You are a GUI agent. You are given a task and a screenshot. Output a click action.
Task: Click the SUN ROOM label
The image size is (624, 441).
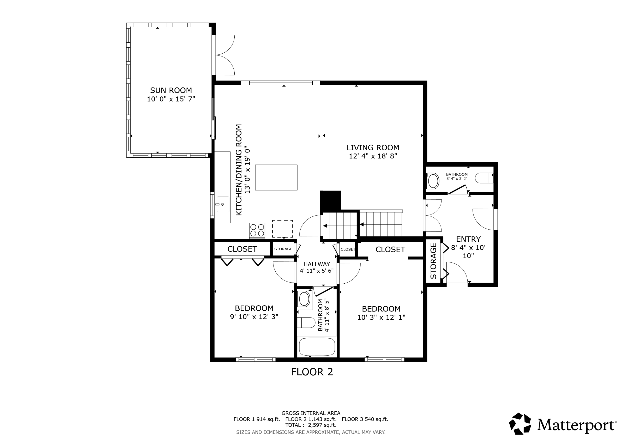pos(171,90)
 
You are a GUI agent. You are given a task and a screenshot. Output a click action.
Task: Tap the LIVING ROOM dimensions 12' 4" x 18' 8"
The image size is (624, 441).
pos(373,156)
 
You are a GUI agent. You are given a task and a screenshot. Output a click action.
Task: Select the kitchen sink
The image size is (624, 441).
pos(223,204)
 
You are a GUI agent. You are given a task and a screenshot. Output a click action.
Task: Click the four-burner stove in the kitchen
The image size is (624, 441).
pos(257,230)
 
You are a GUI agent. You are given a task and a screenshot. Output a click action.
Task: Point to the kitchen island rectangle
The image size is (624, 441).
pos(276,177)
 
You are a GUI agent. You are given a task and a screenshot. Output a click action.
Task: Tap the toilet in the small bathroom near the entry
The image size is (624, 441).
pos(484,178)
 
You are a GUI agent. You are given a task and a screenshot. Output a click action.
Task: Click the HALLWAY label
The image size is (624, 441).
pos(317,264)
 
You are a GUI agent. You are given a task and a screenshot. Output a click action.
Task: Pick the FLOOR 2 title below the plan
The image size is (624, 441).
pos(312,372)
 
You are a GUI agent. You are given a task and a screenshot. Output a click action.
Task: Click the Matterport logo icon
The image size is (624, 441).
pos(520,424)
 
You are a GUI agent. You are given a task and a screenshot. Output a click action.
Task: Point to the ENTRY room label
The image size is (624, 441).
pos(468,239)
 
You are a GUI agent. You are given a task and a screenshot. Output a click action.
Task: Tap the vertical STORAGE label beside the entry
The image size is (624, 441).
pos(433,261)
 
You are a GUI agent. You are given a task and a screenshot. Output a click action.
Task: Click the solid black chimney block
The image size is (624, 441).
pos(331,200)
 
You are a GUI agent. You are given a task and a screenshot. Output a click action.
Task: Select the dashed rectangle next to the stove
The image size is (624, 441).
pos(282,229)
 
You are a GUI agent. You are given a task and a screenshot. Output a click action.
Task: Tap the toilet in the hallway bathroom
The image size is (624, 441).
pos(306,322)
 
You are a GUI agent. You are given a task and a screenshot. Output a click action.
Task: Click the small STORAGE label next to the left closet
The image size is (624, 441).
pos(283,249)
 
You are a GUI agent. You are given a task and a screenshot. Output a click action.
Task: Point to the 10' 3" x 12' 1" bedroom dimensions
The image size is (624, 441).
pos(381,317)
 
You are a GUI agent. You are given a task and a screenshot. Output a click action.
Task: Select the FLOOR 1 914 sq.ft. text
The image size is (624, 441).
pos(256,419)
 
